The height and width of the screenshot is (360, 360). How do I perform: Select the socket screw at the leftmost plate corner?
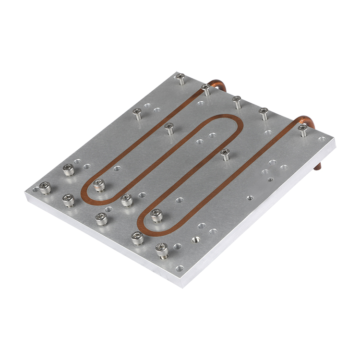[45, 187]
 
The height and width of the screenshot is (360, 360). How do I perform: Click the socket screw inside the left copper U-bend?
[99, 183]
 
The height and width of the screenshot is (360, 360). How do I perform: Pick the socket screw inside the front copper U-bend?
[156, 215]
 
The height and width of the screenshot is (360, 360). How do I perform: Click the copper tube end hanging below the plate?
[320, 166]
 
